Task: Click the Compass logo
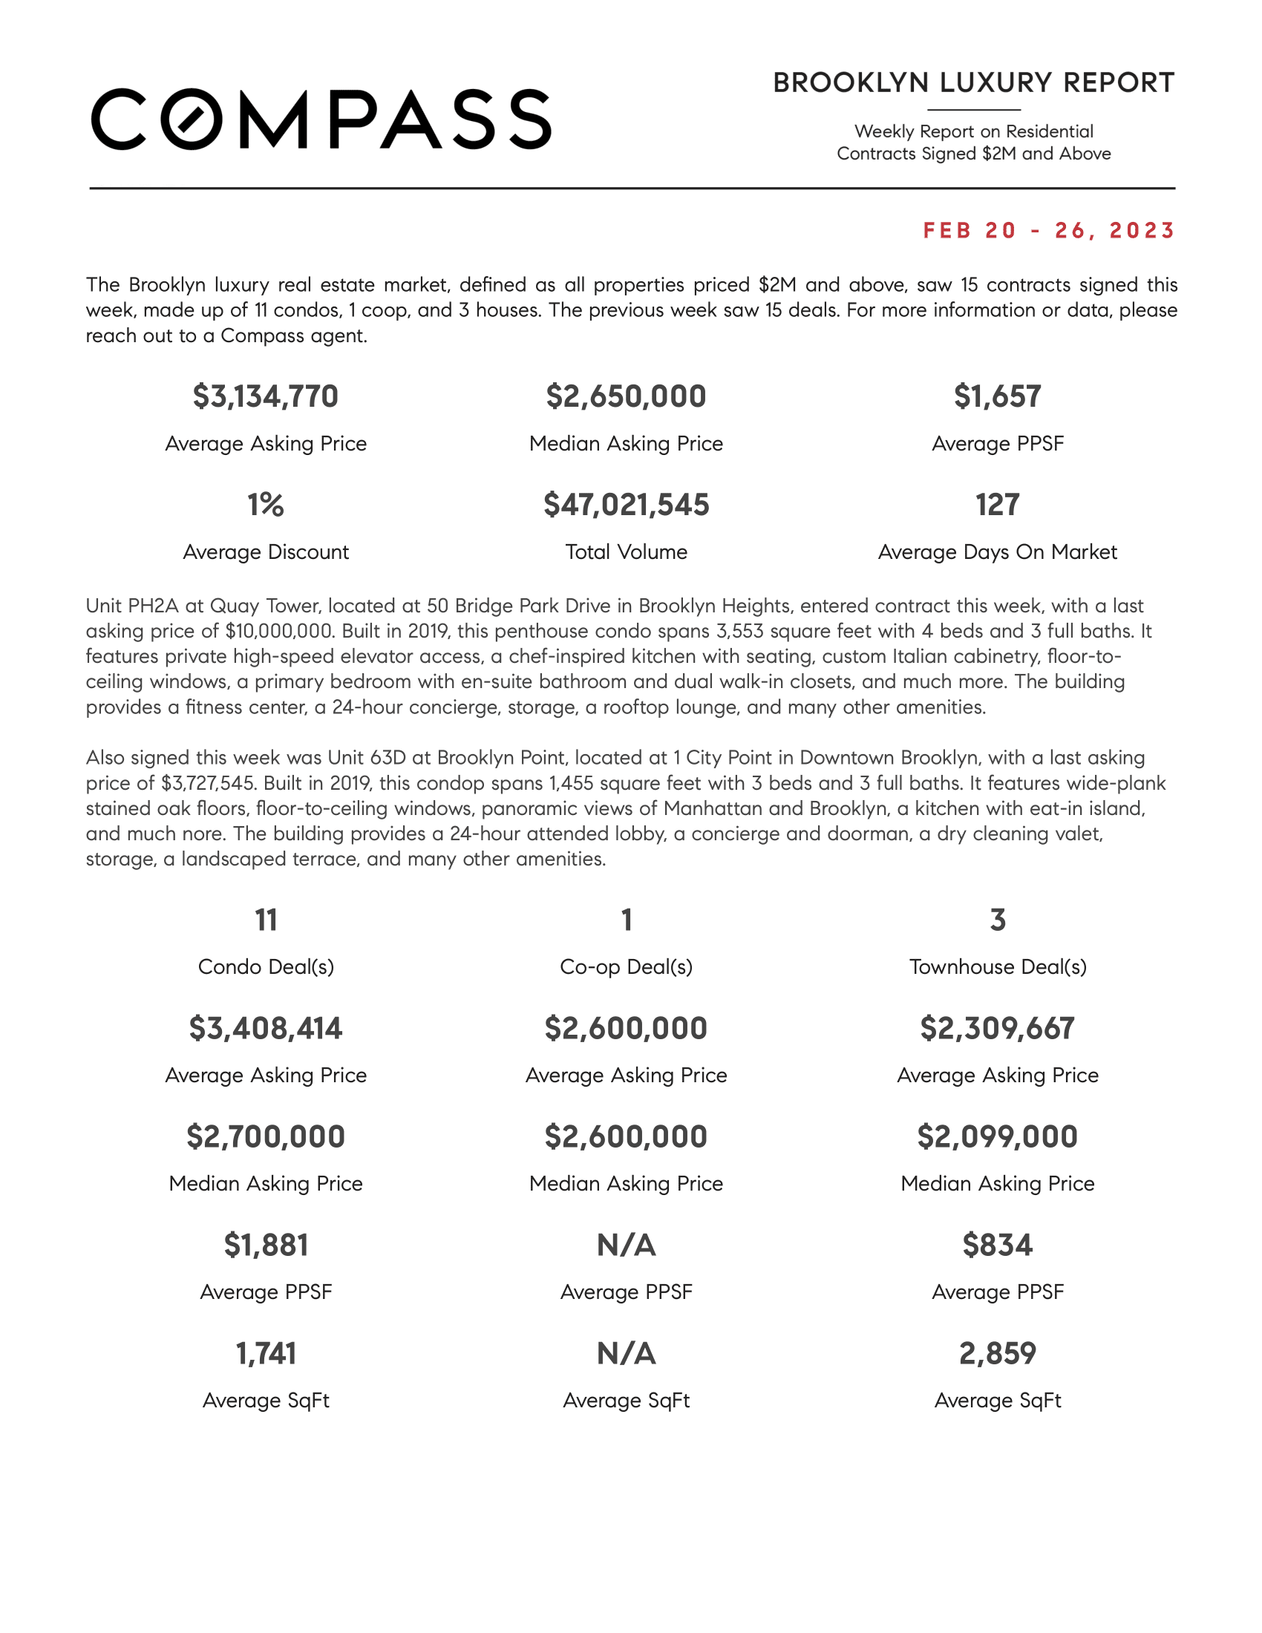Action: point(321,120)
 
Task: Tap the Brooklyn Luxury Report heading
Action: point(973,83)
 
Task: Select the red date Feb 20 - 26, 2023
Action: point(1049,230)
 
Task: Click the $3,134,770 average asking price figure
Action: point(266,396)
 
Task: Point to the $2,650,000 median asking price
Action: point(626,396)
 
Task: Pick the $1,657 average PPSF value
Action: point(997,396)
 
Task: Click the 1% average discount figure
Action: point(266,505)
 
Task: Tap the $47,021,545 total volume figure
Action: point(626,505)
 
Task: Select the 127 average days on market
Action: point(997,505)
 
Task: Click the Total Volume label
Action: point(626,552)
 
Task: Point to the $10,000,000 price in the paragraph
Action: point(279,631)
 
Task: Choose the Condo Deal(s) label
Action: point(266,966)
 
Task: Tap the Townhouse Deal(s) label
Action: point(997,966)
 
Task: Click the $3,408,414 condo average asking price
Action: point(266,1029)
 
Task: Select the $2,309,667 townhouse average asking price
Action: point(997,1029)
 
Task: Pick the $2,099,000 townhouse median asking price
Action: point(997,1137)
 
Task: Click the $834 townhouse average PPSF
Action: point(997,1246)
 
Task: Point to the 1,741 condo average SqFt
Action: point(266,1354)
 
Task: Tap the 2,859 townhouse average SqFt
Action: point(997,1354)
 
